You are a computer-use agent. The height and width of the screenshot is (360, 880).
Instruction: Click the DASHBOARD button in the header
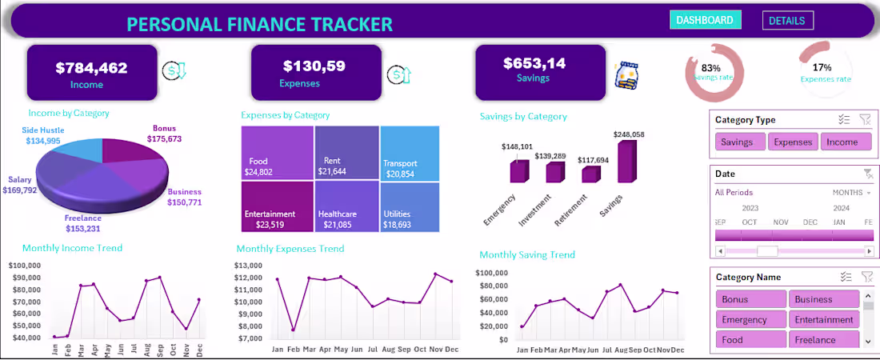pyautogui.click(x=705, y=20)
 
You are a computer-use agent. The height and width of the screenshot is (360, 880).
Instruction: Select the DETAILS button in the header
pyautogui.click(x=787, y=21)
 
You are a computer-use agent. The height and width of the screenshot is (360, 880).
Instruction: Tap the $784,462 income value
pyautogui.click(x=91, y=68)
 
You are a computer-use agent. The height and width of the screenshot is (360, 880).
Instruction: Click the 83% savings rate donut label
pyautogui.click(x=710, y=69)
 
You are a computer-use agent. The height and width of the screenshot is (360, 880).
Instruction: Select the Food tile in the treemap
pyautogui.click(x=276, y=153)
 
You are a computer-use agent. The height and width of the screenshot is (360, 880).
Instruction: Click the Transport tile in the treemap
pyautogui.click(x=409, y=152)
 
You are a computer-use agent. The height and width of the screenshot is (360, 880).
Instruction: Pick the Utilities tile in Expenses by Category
pyautogui.click(x=409, y=207)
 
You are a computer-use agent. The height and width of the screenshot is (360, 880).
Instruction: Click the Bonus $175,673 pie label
pyautogui.click(x=164, y=134)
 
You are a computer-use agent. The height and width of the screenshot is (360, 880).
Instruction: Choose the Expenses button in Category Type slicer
pyautogui.click(x=792, y=142)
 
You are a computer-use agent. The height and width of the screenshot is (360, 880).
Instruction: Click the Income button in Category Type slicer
pyautogui.click(x=842, y=142)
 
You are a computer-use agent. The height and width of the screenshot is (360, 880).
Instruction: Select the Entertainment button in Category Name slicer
pyautogui.click(x=823, y=320)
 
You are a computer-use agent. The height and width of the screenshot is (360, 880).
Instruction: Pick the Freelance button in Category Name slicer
pyautogui.click(x=823, y=340)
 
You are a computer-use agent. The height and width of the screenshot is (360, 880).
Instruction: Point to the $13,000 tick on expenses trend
pyautogui.click(x=251, y=266)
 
